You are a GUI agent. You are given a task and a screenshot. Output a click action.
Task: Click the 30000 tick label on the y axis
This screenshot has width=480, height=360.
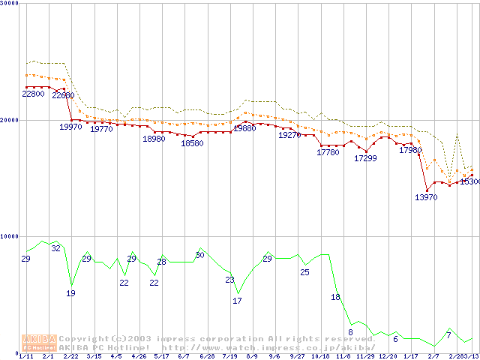[x=9, y=4]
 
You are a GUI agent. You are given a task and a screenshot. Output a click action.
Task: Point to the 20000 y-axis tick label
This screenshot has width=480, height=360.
[x=9, y=120]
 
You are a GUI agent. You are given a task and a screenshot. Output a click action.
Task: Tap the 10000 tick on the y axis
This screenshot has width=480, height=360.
[x=9, y=235]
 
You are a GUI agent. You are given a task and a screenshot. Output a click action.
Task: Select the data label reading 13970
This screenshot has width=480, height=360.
[x=426, y=197]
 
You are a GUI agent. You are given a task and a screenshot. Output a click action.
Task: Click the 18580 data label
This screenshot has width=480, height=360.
[x=192, y=144]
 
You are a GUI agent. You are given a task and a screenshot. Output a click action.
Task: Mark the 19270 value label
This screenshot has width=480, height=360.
[x=289, y=136]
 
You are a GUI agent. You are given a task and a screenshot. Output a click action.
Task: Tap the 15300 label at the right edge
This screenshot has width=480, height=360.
[x=469, y=182]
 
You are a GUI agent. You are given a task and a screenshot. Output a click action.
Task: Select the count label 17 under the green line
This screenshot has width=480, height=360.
[x=237, y=301]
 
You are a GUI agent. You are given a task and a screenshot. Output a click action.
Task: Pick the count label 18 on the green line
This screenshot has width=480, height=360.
[x=335, y=298]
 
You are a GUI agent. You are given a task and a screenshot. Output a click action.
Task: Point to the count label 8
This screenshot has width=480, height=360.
[x=350, y=332]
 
